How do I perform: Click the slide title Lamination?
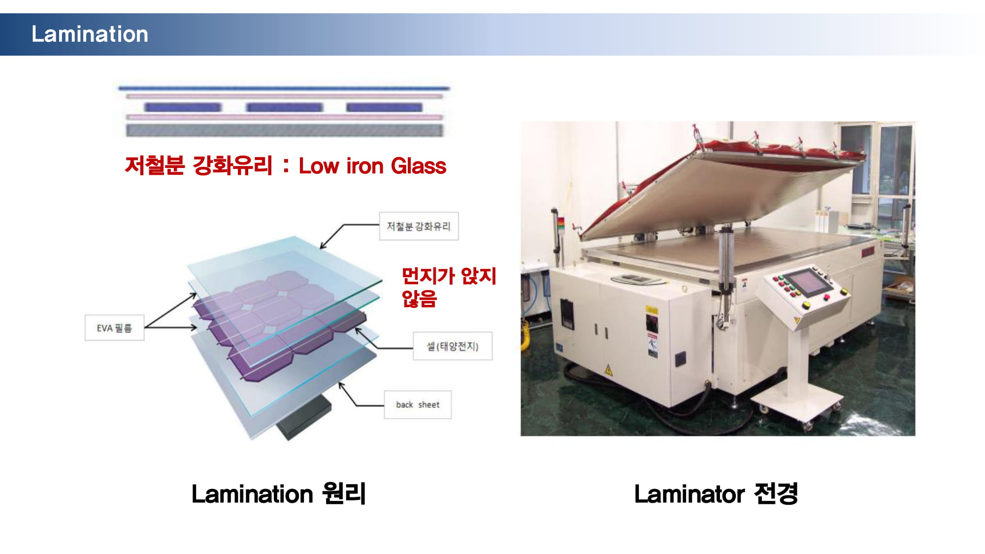click(x=90, y=34)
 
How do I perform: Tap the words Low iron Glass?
click(x=372, y=166)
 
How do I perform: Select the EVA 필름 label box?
click(x=114, y=327)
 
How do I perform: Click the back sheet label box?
click(x=418, y=404)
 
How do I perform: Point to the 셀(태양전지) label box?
click(x=452, y=346)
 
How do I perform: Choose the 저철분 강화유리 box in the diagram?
click(x=419, y=226)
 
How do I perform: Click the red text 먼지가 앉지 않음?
click(x=449, y=287)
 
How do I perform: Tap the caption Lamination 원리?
click(x=278, y=493)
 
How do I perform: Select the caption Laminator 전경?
click(x=716, y=493)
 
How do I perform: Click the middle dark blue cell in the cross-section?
click(x=284, y=107)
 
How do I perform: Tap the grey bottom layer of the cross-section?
click(x=284, y=130)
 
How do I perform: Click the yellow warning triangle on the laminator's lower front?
click(x=609, y=370)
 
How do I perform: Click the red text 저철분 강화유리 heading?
click(x=198, y=165)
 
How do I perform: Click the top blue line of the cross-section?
click(x=284, y=89)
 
